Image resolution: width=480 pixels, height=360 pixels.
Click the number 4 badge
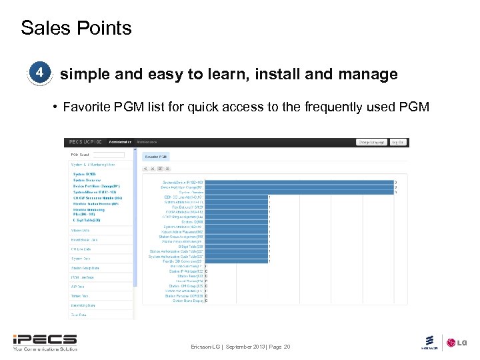pyautogui.click(x=41, y=72)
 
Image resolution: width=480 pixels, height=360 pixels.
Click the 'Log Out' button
pyautogui.click(x=397, y=142)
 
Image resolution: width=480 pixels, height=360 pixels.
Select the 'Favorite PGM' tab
pyautogui.click(x=157, y=156)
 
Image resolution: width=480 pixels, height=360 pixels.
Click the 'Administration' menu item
pyautogui.click(x=120, y=142)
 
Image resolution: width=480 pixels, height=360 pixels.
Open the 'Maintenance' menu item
pyautogui.click(x=147, y=142)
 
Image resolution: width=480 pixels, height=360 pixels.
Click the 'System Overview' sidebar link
pyautogui.click(x=87, y=180)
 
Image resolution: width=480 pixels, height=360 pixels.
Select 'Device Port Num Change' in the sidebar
pyautogui.click(x=95, y=186)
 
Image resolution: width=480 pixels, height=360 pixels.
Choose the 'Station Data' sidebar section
pyautogui.click(x=80, y=231)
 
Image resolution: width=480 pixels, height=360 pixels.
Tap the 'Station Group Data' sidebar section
pyautogui.click(x=85, y=268)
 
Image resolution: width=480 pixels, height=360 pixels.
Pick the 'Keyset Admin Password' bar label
pyautogui.click(x=181, y=231)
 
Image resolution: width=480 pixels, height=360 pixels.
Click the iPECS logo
pyautogui.click(x=44, y=341)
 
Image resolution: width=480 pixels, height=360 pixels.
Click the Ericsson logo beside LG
pyautogui.click(x=429, y=342)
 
